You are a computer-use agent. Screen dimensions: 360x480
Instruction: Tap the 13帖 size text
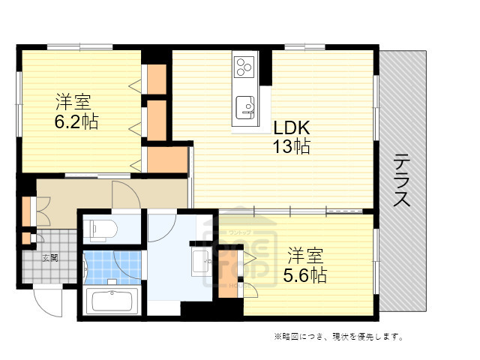pyautogui.click(x=291, y=146)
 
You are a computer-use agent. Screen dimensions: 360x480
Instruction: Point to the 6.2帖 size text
pyautogui.click(x=76, y=121)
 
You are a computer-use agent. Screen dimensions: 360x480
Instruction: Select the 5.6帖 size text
pyautogui.click(x=304, y=275)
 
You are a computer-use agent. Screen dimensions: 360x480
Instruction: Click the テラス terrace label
pyautogui.click(x=403, y=181)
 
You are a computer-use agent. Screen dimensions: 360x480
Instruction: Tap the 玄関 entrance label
pyautogui.click(x=49, y=258)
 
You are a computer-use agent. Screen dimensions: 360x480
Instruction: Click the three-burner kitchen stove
pyautogui.click(x=244, y=67)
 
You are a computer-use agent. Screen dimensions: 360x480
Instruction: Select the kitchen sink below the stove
pyautogui.click(x=244, y=106)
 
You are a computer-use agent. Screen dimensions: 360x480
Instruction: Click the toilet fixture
pyautogui.click(x=100, y=228)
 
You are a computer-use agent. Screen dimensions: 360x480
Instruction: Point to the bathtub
pyautogui.click(x=110, y=301)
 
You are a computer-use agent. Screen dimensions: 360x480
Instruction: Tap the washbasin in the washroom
pyautogui.click(x=201, y=261)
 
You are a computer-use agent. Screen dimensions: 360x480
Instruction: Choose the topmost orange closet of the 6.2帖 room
pyautogui.click(x=157, y=79)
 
